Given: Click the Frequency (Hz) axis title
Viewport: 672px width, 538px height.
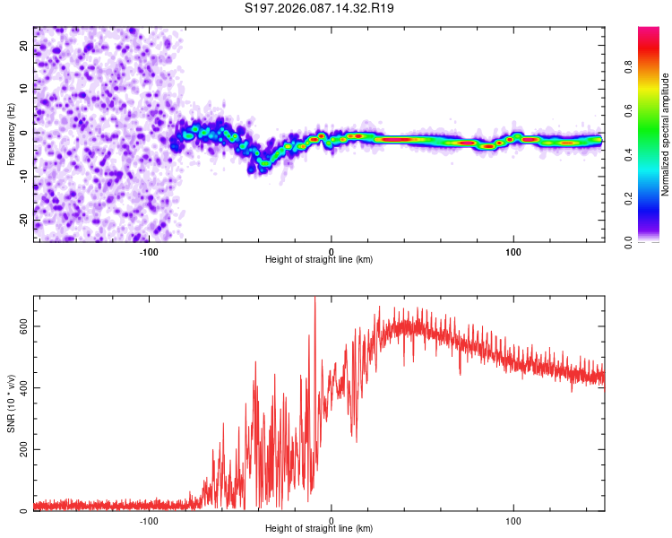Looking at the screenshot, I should coord(11,134).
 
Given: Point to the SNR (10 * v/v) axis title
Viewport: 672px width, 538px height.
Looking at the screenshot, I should coord(11,403).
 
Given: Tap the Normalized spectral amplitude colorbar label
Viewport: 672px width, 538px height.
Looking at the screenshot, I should coord(666,134).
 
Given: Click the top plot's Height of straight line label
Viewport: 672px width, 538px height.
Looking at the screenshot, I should coord(319,259).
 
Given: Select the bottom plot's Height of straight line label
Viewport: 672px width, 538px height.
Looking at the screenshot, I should coord(319,528).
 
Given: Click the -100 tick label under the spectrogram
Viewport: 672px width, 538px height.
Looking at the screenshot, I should coord(149,250).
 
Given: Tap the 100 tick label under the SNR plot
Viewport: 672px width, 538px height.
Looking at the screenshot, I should coord(513,519).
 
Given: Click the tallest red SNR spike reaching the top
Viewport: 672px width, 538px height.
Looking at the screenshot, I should coord(314,300).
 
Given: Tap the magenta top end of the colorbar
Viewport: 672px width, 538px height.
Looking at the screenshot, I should coord(649,30).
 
